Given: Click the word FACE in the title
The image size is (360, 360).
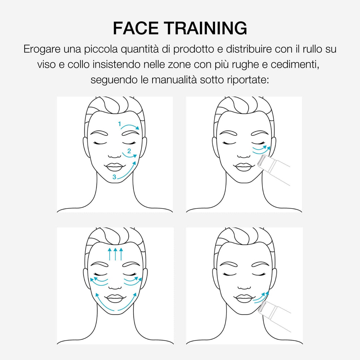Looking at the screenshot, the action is (136, 28).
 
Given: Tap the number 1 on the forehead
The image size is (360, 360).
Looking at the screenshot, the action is (119, 124).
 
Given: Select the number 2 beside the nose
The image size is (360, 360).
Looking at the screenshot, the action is (129, 151).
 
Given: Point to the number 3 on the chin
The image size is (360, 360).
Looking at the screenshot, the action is (114, 177).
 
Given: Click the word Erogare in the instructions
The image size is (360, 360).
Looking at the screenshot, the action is (42, 49).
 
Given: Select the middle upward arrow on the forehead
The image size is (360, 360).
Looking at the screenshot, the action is (116, 254).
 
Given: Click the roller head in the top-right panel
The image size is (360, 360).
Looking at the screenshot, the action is (262, 161).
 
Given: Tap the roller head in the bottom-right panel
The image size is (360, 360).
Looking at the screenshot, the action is (262, 307).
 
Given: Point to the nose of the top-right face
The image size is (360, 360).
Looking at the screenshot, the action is (244, 156).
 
